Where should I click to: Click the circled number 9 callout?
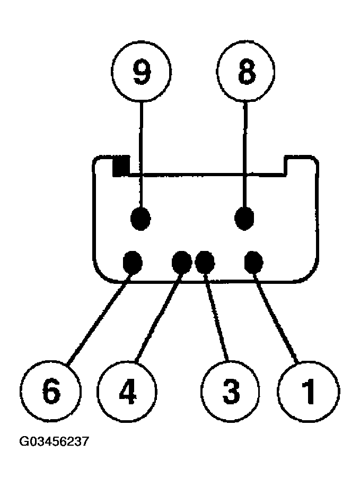[x=141, y=74]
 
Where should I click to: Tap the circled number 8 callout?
[x=246, y=74]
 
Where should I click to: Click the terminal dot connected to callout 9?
[x=141, y=218]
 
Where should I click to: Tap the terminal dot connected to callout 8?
[x=244, y=218]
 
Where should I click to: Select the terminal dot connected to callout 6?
[x=132, y=261]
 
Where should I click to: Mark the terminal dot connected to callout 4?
[x=181, y=261]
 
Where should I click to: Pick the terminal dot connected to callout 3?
[x=205, y=261]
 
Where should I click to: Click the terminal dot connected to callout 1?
[x=254, y=261]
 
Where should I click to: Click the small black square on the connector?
[x=121, y=166]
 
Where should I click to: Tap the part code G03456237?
[x=54, y=441]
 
